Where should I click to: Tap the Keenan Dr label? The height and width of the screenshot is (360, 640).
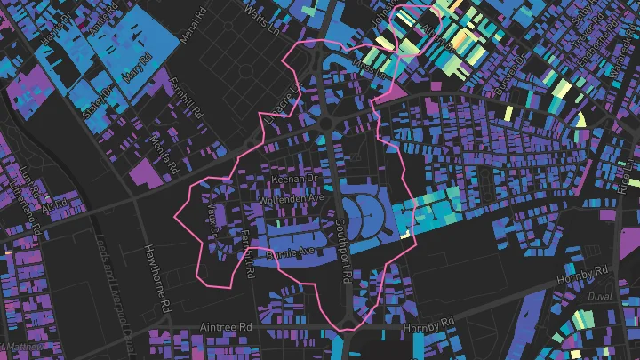coord(294,179)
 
